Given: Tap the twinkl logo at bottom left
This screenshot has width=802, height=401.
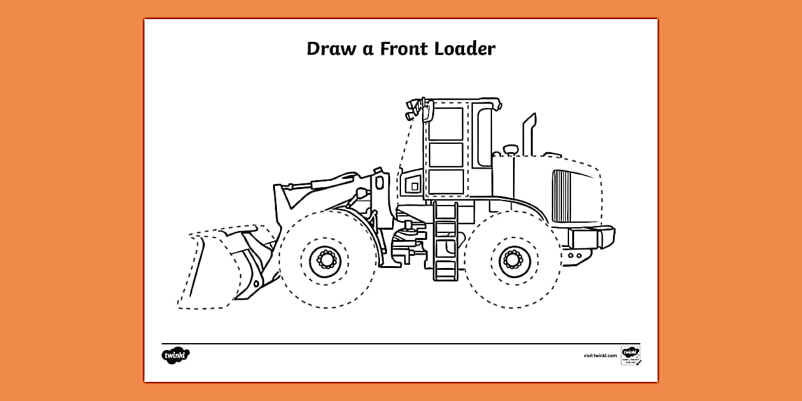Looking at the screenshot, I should (x=176, y=355).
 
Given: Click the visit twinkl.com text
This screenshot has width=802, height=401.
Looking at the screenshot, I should (x=600, y=356).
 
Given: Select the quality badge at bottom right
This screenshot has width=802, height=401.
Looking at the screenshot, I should (x=630, y=355).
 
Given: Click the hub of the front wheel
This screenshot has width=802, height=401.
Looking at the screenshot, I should (x=326, y=260).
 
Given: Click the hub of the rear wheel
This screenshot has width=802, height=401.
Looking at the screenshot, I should (x=512, y=260).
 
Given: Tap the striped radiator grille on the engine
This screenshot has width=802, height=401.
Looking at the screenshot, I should (x=563, y=195).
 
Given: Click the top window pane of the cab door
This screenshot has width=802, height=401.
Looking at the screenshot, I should (x=446, y=124).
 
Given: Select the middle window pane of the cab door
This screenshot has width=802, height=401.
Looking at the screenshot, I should (x=446, y=154).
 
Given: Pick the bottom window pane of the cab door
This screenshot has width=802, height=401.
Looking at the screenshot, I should (x=446, y=181).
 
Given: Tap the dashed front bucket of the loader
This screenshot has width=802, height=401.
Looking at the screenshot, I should (x=210, y=271).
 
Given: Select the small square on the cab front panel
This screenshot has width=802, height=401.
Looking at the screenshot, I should (x=414, y=186).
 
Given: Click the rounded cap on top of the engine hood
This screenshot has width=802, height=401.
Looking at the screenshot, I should (x=510, y=150).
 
